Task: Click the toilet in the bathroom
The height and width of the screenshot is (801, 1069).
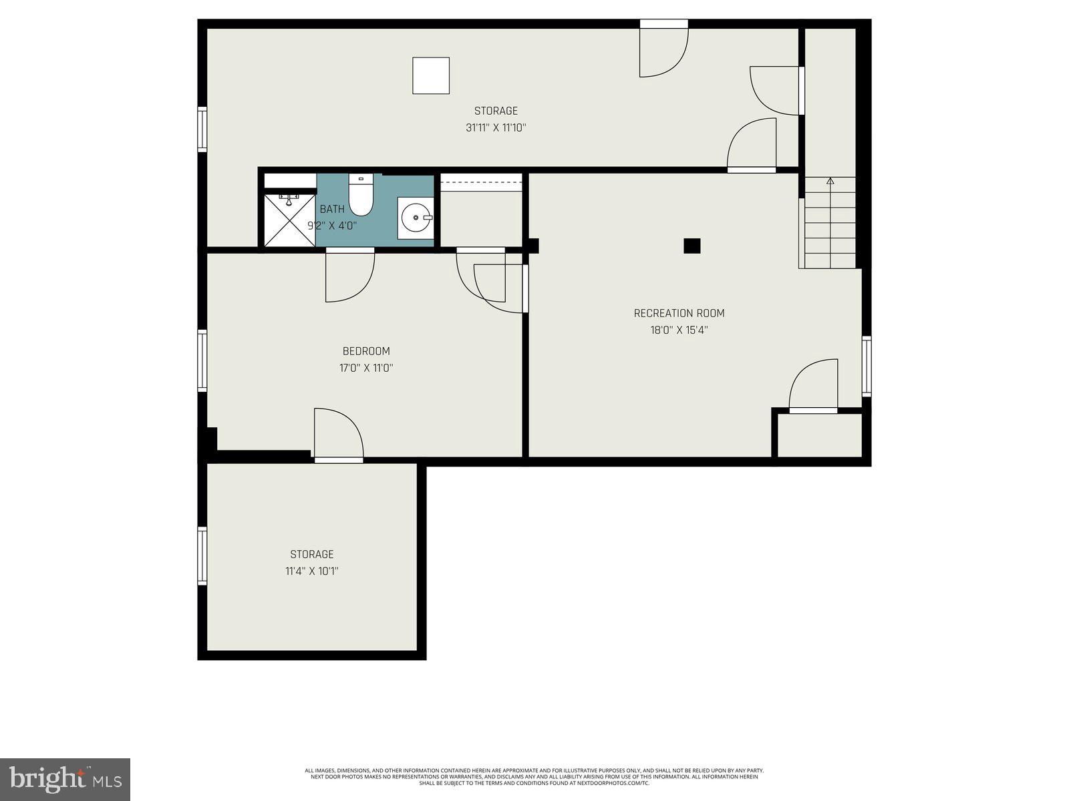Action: [361, 197]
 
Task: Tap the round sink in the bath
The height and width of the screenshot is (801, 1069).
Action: [416, 218]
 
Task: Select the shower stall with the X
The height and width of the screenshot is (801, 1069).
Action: [289, 220]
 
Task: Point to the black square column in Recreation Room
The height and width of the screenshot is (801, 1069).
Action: [692, 246]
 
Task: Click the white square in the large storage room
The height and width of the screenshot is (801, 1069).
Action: [430, 75]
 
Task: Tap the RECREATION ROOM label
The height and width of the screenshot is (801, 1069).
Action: [679, 313]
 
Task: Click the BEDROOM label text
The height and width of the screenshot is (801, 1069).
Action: [365, 351]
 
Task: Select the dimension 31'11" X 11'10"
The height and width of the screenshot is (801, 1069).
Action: [496, 127]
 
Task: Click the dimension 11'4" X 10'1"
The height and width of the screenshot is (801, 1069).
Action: [311, 571]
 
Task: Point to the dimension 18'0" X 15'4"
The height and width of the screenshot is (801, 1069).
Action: [679, 330]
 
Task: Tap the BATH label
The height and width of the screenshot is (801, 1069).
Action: [332, 209]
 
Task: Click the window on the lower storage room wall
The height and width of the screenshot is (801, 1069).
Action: [202, 556]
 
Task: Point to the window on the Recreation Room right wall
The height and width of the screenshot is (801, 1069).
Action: [867, 366]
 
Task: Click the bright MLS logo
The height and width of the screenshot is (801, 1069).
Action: [65, 779]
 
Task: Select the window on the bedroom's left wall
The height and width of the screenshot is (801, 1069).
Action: [202, 360]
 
